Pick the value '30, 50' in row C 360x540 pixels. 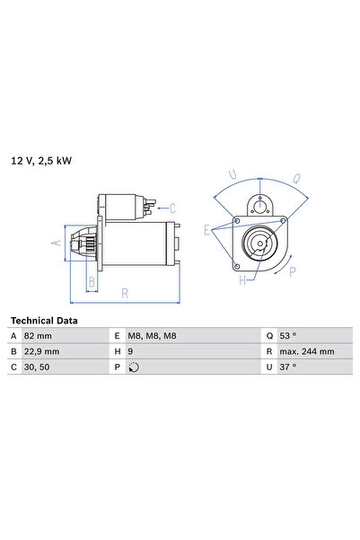click(x=50, y=367)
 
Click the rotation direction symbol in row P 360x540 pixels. click(x=135, y=367)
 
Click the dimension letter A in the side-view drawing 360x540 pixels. click(x=56, y=243)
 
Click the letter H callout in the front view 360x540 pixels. click(x=241, y=280)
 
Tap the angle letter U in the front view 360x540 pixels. click(x=233, y=173)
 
